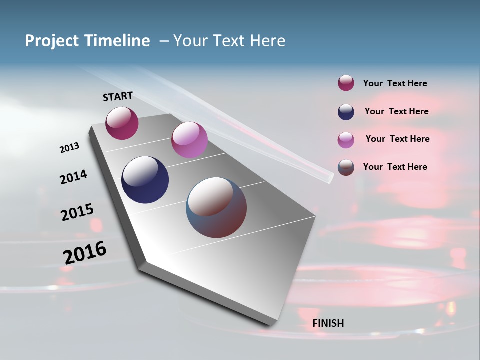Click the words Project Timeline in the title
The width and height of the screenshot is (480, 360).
click(87, 41)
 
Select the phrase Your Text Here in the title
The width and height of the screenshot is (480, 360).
click(229, 41)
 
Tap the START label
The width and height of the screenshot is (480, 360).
click(118, 96)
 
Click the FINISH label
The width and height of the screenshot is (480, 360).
click(328, 323)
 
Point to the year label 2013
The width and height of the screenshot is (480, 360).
click(69, 148)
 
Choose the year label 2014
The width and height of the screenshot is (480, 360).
click(73, 177)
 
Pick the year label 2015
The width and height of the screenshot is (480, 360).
click(77, 212)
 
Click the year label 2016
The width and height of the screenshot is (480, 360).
click(85, 253)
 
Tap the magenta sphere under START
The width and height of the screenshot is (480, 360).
click(122, 123)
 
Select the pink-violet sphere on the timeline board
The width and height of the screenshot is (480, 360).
click(189, 140)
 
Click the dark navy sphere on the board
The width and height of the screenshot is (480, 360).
click(145, 180)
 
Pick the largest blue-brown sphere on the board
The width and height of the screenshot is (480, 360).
click(216, 207)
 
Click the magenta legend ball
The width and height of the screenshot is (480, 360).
click(346, 83)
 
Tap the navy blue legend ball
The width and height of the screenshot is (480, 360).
click(346, 112)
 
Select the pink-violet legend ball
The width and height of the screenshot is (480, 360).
click(346, 140)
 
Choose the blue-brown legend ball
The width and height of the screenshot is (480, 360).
click(346, 167)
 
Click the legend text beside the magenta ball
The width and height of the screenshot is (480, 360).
click(395, 84)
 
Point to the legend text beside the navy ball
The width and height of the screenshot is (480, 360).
click(396, 111)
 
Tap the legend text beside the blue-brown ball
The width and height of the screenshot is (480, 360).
click(395, 167)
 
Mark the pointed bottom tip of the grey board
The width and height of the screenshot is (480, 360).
click(272, 324)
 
